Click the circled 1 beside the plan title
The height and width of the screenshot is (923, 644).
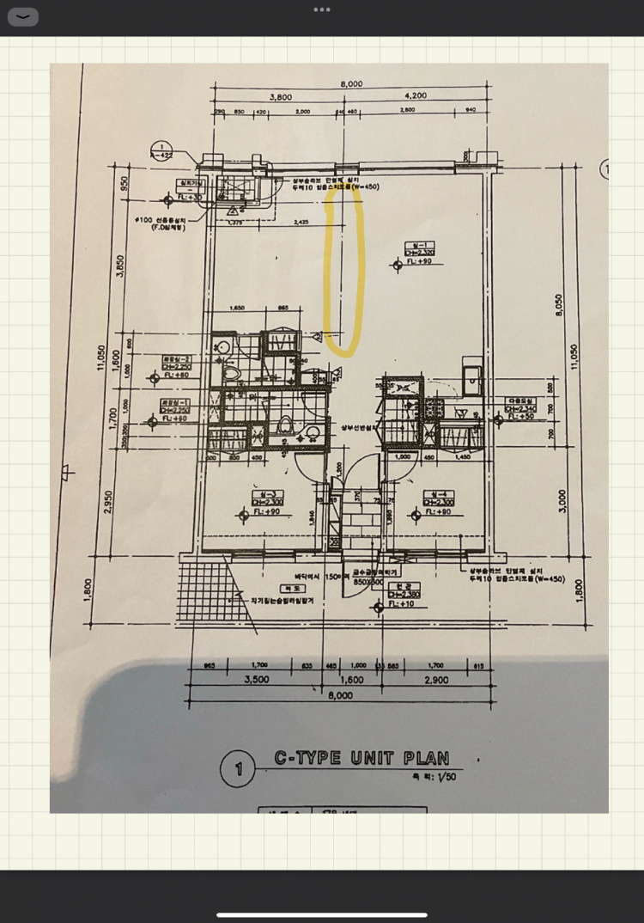click(x=237, y=768)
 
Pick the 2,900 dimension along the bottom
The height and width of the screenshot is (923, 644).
click(x=435, y=679)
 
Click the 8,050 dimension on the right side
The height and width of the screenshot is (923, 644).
click(x=559, y=307)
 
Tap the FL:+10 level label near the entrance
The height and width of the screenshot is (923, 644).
click(x=401, y=604)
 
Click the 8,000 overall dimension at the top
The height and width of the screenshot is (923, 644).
click(x=350, y=83)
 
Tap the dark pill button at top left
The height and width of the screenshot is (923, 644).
click(x=22, y=16)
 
